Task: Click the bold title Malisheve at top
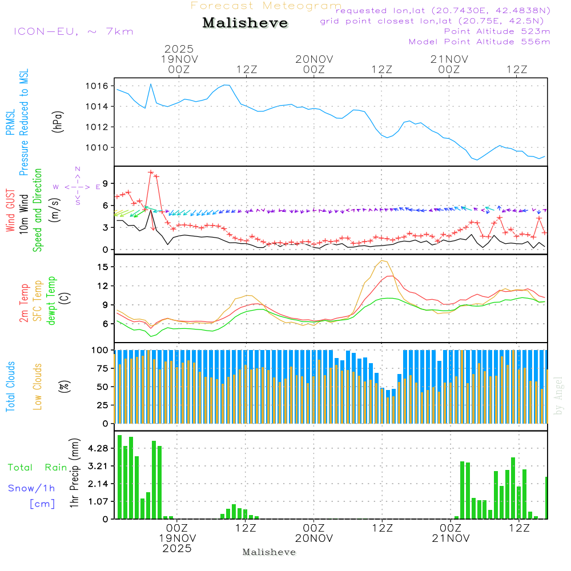coord(246,23)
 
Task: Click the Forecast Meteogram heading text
coord(266,6)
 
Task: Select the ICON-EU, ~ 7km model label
coord(73,31)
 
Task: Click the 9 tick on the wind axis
coord(106,183)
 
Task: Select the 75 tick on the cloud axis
coord(101,369)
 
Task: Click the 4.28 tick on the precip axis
coord(97,449)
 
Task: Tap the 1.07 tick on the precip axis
coord(97,502)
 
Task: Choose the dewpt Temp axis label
coord(52,300)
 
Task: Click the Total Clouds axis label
coord(11,387)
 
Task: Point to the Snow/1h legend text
coord(31,488)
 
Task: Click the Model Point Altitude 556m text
coord(479,42)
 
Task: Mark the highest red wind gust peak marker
coord(151,172)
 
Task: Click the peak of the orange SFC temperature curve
coord(382,261)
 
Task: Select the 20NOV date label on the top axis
coord(314,59)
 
